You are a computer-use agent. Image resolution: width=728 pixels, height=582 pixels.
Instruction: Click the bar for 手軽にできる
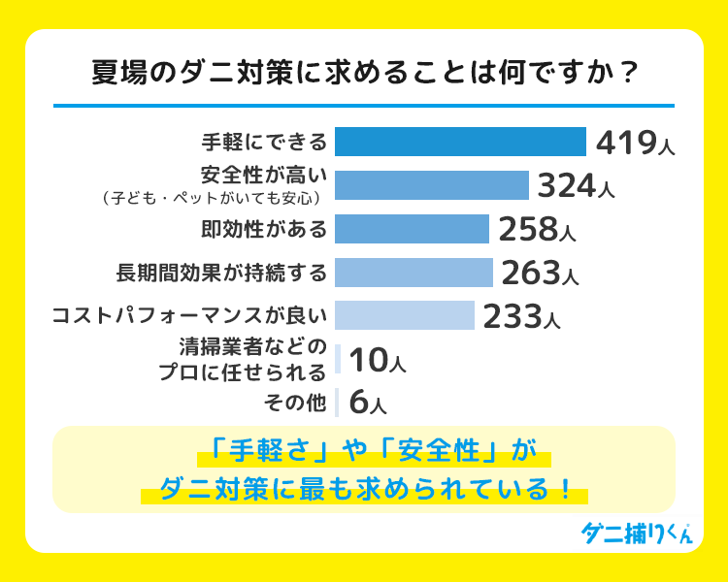[460, 142]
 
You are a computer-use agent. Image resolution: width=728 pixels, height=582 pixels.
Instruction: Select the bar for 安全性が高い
[431, 185]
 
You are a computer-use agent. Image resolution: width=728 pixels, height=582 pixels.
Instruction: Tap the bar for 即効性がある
[412, 229]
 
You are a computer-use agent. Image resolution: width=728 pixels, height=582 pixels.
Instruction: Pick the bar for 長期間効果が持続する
[414, 273]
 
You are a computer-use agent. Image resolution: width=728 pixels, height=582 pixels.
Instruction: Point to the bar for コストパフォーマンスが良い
[404, 316]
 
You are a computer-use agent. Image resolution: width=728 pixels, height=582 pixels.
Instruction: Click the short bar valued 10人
[338, 360]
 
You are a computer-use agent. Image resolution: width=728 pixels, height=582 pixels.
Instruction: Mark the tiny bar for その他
[337, 402]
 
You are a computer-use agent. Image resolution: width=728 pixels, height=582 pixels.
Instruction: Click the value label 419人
[634, 143]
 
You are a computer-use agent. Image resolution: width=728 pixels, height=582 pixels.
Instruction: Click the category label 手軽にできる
[264, 143]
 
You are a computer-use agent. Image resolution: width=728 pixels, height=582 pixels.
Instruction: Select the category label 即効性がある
[264, 229]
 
